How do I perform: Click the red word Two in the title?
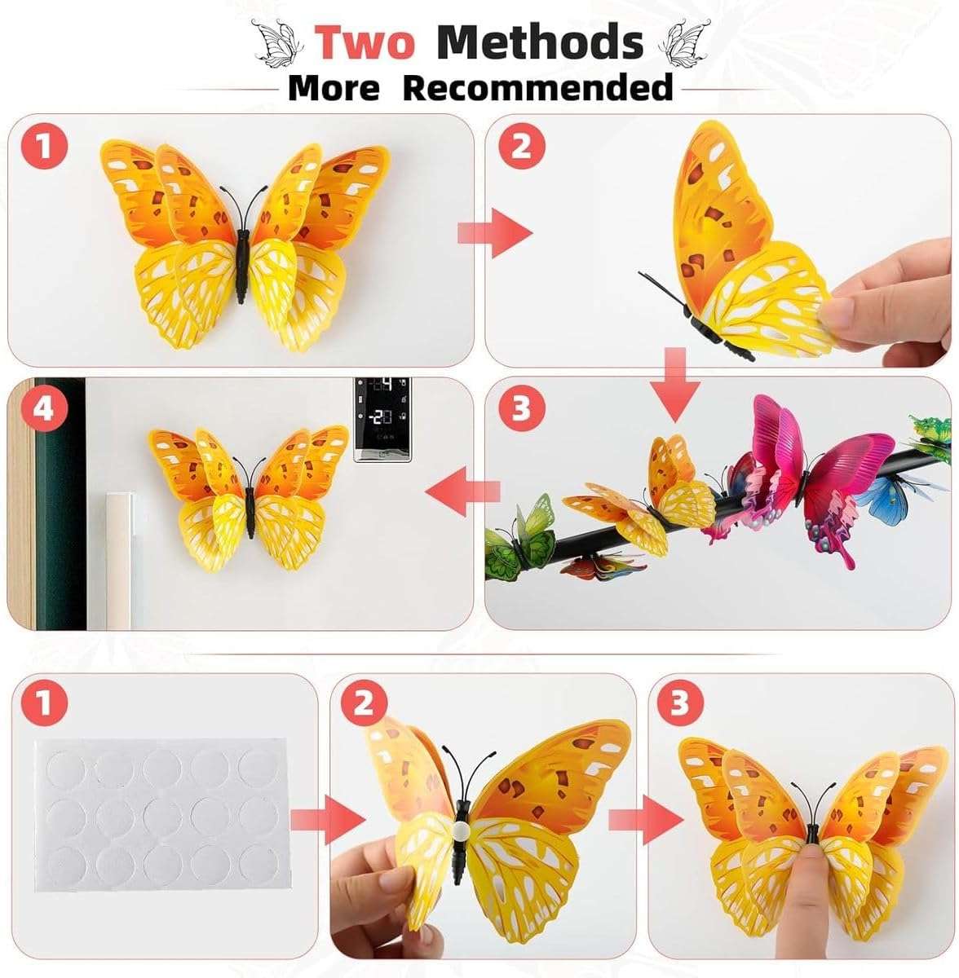(365, 42)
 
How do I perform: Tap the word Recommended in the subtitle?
(538, 87)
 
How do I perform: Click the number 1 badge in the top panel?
(44, 148)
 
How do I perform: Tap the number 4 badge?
(44, 410)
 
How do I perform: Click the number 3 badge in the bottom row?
(679, 704)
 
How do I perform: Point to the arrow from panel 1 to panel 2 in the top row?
(493, 234)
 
